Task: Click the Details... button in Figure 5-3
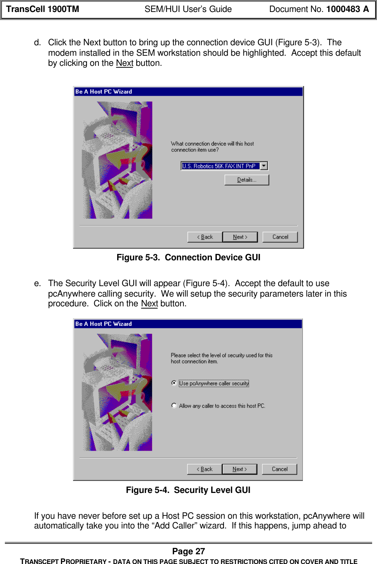[247, 180]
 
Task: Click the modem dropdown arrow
[264, 166]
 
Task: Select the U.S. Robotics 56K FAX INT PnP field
[220, 166]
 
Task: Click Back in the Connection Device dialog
[205, 237]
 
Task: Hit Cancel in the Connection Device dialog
[280, 237]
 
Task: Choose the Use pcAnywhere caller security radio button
[174, 383]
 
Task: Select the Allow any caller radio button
[174, 405]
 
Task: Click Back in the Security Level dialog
[204, 469]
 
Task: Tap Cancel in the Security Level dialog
[280, 469]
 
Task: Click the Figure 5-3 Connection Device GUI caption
[188, 258]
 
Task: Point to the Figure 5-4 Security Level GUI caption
[188, 490]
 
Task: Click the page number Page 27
[188, 551]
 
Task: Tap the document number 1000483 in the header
[343, 9]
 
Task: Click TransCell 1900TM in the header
[43, 9]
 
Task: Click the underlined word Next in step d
[125, 63]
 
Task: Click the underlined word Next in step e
[149, 304]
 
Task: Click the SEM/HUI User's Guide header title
[188, 9]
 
